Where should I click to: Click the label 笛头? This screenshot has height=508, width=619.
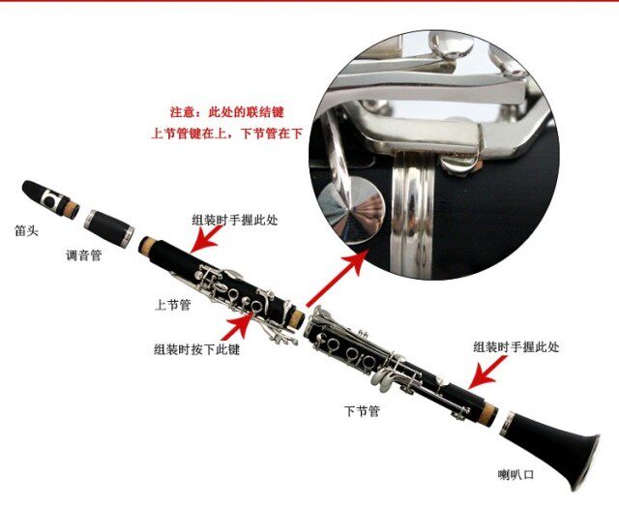(26, 230)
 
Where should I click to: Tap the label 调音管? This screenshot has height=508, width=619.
(84, 255)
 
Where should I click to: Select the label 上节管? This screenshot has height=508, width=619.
(172, 305)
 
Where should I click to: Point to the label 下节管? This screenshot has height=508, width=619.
(362, 411)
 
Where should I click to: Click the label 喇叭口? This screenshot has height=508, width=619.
(516, 474)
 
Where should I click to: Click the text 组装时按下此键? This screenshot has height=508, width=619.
(196, 349)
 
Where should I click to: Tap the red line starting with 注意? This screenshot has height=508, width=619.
(227, 112)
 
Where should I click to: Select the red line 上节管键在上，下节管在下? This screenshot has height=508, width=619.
(227, 134)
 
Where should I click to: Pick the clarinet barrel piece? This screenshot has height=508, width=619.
(109, 228)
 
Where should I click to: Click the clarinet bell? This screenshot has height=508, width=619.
(550, 450)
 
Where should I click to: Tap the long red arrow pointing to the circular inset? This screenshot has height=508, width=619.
(338, 278)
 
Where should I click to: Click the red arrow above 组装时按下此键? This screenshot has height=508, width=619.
(237, 326)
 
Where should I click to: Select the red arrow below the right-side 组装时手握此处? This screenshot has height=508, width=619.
(487, 372)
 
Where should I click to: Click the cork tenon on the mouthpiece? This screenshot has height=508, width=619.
(72, 210)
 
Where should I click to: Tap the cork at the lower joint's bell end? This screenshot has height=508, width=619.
(489, 414)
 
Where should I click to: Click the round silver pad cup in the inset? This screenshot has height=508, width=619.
(351, 208)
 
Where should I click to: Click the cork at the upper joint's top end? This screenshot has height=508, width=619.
(146, 246)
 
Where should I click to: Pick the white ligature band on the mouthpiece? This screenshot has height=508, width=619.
(51, 198)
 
